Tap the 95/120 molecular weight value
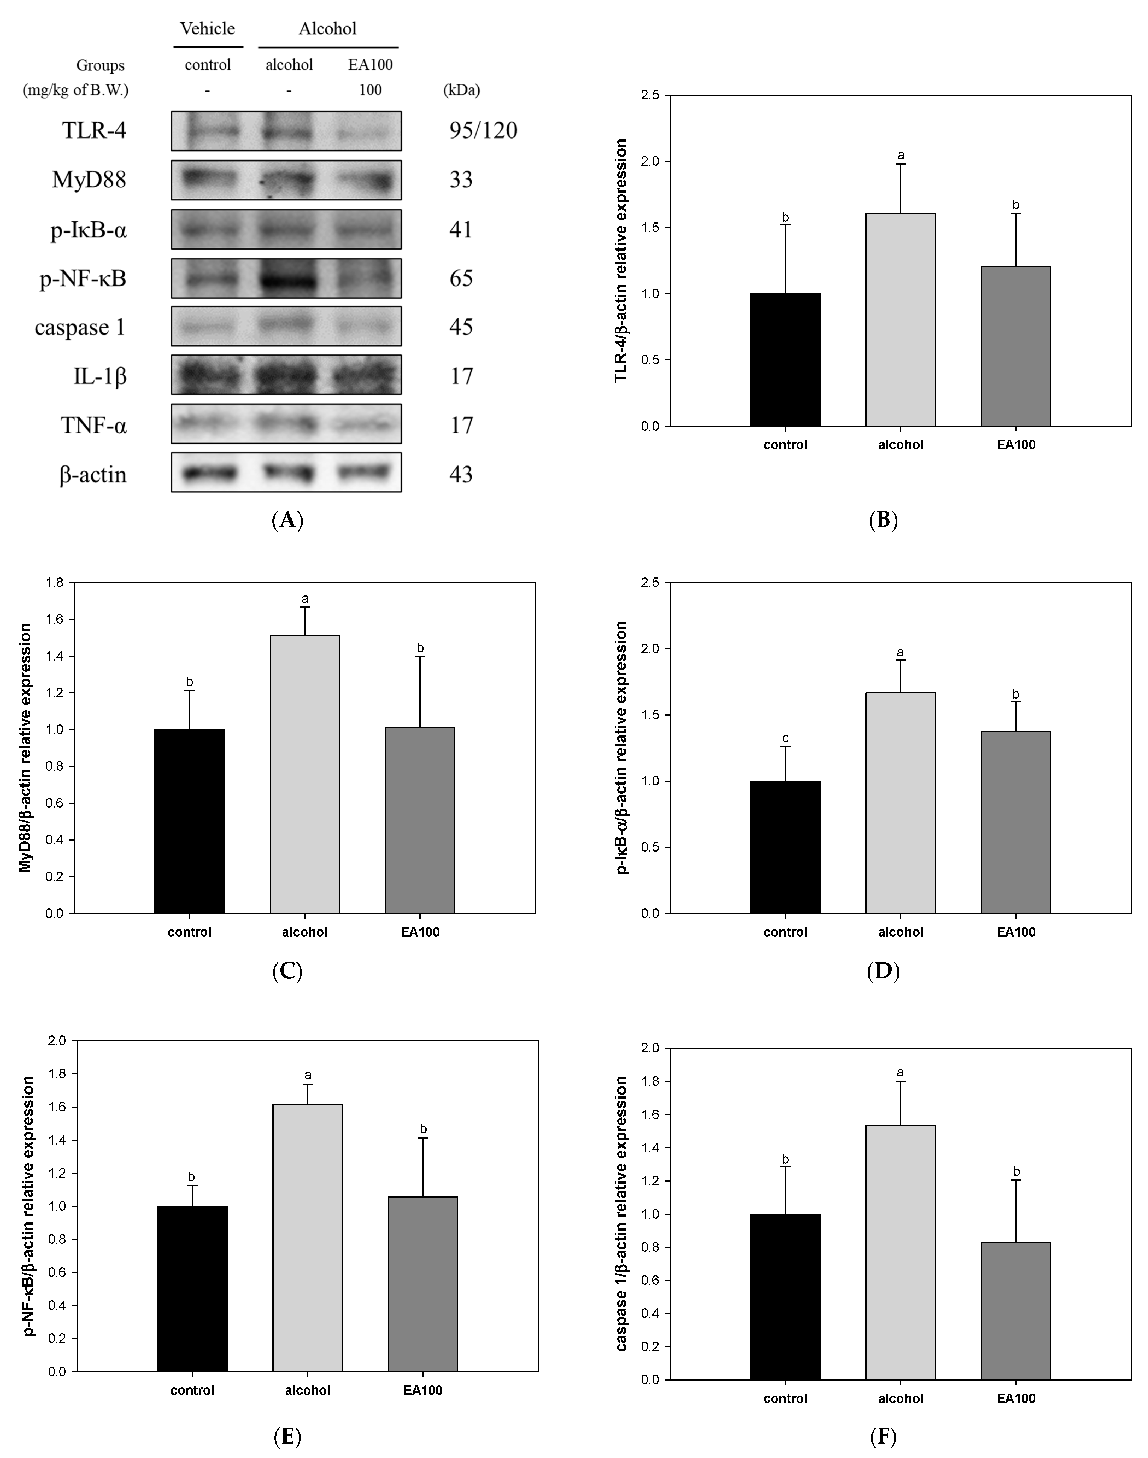[x=483, y=130]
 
